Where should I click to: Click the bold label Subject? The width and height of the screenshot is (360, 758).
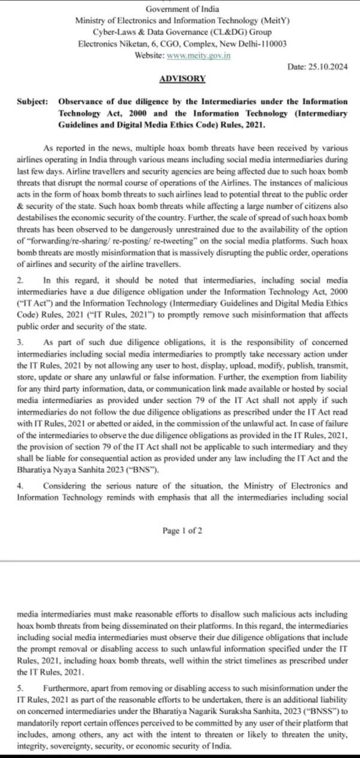[33, 101]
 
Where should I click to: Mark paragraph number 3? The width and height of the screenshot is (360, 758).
[20, 341]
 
